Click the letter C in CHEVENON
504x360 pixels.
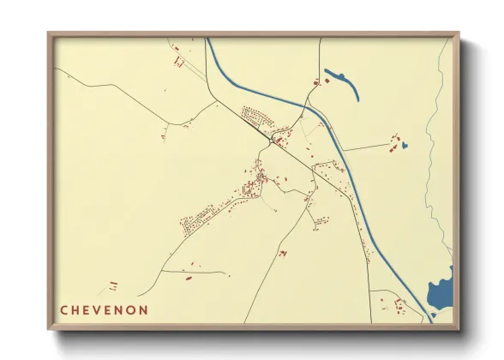[63, 309]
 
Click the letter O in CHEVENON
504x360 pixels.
[129, 309]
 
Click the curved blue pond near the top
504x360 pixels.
[341, 78]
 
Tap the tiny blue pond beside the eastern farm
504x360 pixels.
[404, 146]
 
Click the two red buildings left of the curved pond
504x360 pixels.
[320, 81]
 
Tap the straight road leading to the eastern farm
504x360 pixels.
[369, 147]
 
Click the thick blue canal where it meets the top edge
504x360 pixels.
[208, 40]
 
